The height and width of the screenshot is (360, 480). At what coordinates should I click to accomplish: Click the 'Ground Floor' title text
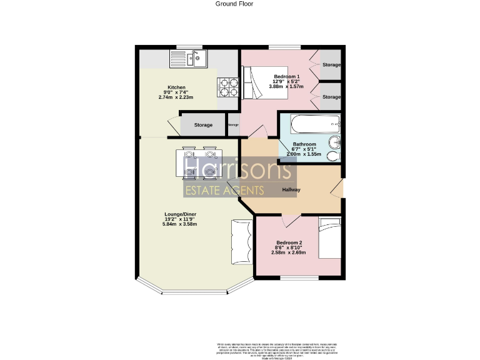pyautogui.click(x=234, y=4)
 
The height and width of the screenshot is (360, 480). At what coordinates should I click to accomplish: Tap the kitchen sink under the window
pyautogui.click(x=188, y=59)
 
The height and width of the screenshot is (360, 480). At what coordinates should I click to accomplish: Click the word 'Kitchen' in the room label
pyautogui.click(x=176, y=87)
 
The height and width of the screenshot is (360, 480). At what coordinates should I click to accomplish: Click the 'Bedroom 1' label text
pyautogui.click(x=287, y=76)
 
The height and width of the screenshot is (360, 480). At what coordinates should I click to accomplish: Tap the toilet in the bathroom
pyautogui.click(x=335, y=154)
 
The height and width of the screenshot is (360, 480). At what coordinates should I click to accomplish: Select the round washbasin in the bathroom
pyautogui.click(x=335, y=140)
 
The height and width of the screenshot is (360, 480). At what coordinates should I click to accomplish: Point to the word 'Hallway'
pyautogui.click(x=291, y=189)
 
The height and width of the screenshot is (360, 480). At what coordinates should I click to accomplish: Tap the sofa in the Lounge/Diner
pyautogui.click(x=240, y=245)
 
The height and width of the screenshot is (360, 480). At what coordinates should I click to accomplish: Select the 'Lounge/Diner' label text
pyautogui.click(x=177, y=214)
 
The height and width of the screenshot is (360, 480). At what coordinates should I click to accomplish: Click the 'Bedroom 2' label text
pyautogui.click(x=289, y=242)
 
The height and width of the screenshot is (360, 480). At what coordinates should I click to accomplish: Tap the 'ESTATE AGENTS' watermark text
pyautogui.click(x=224, y=190)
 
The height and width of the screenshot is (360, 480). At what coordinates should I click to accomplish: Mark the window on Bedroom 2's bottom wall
pyautogui.click(x=299, y=277)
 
